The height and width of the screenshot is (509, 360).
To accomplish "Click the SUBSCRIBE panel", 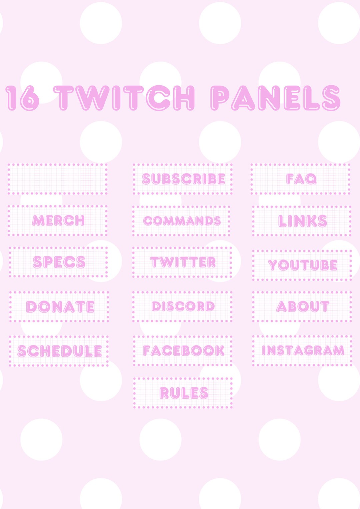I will [183, 179].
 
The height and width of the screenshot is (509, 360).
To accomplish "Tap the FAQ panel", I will [301, 179].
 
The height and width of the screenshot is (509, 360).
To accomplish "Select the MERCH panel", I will [58, 221].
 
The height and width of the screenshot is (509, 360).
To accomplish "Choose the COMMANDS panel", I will [182, 221].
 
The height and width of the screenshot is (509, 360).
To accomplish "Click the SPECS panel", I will [59, 262].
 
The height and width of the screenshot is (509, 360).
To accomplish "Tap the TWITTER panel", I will [183, 262].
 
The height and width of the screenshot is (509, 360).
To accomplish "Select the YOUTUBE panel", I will [302, 265].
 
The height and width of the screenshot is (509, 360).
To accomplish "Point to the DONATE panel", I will [59, 306].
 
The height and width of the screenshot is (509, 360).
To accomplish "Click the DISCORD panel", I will [183, 306].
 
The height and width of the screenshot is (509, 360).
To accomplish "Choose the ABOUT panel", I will [302, 306].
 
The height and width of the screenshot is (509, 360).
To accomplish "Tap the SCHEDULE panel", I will [59, 351].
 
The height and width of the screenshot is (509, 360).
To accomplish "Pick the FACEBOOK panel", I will [183, 351].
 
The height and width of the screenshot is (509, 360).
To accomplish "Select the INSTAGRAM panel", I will [302, 350].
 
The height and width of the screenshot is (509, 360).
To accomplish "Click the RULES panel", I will [183, 393].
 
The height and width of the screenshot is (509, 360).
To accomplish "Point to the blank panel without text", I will [58, 179].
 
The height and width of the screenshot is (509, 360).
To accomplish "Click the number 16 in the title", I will [22, 98].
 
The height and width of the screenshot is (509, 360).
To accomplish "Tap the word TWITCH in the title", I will [124, 98].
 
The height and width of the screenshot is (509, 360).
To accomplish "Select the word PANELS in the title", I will [275, 98].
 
